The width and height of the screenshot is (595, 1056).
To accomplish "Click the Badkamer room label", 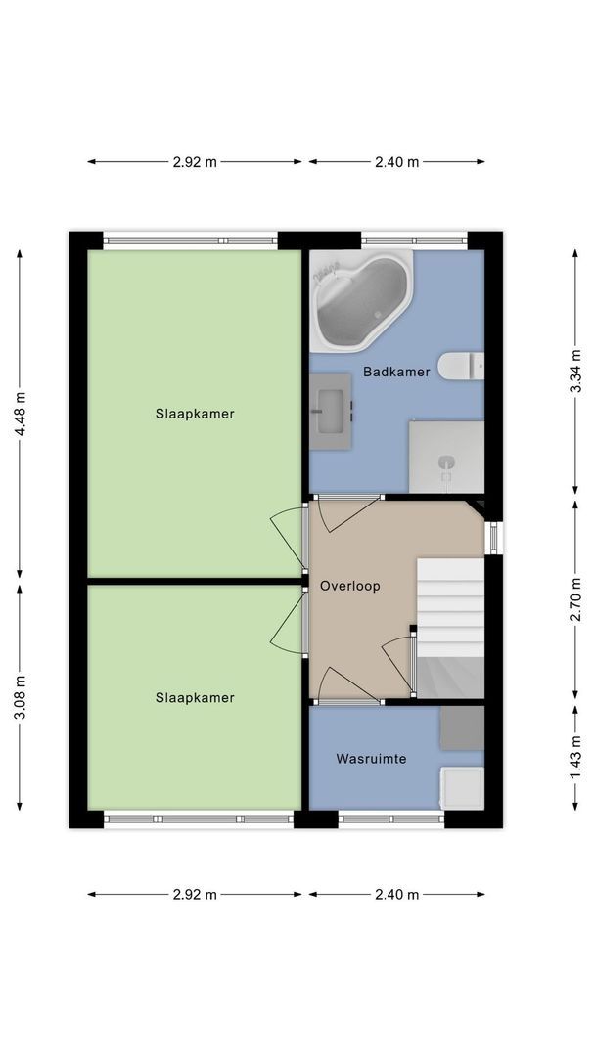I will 396,372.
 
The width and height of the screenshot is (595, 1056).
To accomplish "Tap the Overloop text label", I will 349,586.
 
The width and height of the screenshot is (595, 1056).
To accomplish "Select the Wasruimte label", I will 371,758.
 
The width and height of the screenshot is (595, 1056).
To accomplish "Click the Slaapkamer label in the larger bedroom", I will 195,414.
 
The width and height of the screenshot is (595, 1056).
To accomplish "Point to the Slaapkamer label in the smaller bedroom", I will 195,697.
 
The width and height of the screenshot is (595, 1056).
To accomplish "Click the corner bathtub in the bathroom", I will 359,298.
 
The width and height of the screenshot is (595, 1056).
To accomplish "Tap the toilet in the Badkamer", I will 460,366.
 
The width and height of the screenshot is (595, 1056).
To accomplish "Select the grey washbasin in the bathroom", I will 331,412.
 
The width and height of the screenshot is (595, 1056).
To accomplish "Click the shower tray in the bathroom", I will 446,457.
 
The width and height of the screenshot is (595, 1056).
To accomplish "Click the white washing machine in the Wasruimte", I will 462,788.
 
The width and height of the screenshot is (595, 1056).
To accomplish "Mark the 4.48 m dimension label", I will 20,417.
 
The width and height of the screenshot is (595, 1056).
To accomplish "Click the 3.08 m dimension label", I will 20,698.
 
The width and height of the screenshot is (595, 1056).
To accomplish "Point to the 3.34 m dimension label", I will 576,371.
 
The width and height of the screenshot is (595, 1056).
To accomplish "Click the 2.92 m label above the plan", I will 195,162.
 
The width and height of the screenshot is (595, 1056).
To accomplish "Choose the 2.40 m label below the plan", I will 396,894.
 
